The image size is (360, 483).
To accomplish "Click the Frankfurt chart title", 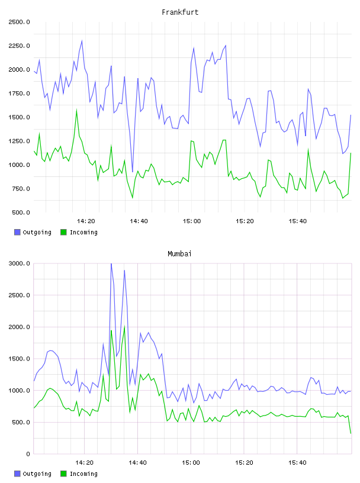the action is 180,12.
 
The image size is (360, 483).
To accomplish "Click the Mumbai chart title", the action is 179,254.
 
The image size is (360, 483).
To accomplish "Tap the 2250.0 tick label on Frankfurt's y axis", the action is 19,46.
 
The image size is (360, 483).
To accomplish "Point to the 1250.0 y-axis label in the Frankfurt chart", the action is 19,141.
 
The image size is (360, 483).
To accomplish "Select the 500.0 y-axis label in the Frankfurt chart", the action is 21,212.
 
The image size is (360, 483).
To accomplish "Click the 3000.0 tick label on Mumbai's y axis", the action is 19,263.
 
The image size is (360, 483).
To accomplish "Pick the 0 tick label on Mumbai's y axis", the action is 28,454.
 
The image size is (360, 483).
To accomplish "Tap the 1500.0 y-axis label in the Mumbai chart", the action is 19,359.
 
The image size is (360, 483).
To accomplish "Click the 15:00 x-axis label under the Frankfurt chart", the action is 192,221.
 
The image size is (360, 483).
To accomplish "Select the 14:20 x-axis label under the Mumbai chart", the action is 85,463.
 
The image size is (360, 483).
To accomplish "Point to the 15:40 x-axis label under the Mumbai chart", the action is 297,463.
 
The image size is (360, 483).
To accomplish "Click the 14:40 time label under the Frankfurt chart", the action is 139,221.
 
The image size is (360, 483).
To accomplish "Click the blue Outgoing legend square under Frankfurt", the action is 17,232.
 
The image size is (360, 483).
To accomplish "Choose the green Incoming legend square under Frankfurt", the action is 63,232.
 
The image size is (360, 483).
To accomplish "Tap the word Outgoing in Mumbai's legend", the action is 37,474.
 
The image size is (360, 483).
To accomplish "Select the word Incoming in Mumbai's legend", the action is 83,474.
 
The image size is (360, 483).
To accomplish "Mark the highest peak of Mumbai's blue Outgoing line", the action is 111,263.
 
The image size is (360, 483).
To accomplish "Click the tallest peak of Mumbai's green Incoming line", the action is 124,326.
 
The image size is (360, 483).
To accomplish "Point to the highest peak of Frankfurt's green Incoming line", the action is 76,110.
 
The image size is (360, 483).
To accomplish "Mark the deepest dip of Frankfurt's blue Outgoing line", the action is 133,172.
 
